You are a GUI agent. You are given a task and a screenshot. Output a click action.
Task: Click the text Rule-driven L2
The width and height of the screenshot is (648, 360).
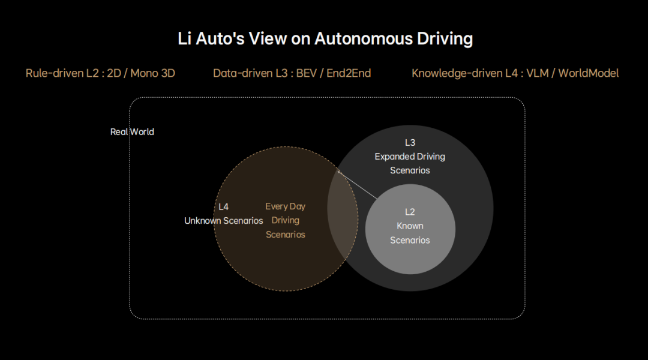(x=62, y=73)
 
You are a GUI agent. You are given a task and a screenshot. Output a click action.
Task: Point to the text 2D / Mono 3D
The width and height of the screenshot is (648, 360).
(x=141, y=73)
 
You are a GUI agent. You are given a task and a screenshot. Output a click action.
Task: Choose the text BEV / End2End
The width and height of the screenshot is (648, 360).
(x=334, y=73)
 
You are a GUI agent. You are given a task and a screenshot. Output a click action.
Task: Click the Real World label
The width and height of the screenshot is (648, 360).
(x=132, y=132)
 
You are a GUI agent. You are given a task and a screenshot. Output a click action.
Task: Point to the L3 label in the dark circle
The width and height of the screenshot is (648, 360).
(x=410, y=143)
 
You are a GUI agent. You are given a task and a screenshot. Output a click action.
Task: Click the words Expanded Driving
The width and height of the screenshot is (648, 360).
(x=410, y=157)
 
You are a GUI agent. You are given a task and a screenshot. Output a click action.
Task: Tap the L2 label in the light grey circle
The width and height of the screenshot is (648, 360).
(x=410, y=212)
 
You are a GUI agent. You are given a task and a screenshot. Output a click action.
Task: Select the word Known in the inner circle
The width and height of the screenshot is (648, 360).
(x=410, y=226)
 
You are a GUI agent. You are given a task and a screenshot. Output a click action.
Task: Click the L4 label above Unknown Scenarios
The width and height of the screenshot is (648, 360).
(x=223, y=206)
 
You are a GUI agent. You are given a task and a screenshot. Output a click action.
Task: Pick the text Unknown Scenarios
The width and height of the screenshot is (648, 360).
(x=223, y=221)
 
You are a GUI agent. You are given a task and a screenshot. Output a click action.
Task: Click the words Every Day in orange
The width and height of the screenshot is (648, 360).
(x=285, y=206)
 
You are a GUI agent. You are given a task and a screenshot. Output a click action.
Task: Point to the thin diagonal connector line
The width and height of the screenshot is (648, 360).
(x=358, y=184)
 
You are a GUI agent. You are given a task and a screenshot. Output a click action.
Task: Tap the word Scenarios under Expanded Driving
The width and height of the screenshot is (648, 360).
(x=410, y=170)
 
